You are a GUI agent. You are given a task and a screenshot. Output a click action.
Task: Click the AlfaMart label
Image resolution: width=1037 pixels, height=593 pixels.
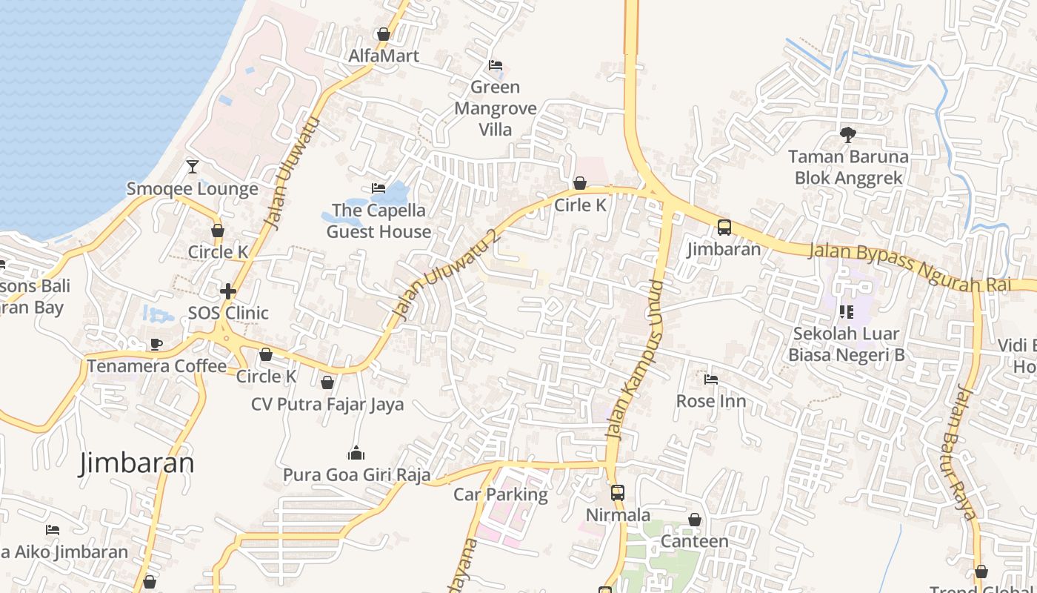[384, 56]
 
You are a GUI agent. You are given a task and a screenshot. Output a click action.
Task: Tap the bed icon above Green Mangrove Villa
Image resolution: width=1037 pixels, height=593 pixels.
[496, 65]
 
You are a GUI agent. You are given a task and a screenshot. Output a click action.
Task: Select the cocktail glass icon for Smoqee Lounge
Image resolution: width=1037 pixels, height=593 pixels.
[193, 166]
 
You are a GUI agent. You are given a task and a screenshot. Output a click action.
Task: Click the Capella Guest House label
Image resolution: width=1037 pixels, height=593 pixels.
[379, 221]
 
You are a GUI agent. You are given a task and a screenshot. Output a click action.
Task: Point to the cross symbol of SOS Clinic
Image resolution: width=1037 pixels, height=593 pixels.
[227, 291]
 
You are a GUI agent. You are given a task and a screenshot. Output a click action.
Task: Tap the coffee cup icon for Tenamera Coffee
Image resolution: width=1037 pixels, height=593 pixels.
[156, 344]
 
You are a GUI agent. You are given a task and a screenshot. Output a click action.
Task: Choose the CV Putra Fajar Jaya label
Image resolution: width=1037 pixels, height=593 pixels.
[327, 404]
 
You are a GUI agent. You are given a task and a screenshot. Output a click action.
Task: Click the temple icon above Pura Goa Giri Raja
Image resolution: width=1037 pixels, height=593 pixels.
[356, 453]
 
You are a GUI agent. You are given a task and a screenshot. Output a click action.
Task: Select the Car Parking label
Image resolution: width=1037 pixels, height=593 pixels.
[501, 494]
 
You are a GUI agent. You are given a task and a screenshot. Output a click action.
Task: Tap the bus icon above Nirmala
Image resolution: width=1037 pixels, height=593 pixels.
[617, 492]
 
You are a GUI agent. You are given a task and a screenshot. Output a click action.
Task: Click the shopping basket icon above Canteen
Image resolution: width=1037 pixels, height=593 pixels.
[695, 520]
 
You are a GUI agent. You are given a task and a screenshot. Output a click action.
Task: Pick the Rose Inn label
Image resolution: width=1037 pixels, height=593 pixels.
[711, 401]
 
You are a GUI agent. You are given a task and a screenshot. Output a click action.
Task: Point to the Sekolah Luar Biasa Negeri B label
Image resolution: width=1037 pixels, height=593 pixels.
[846, 344]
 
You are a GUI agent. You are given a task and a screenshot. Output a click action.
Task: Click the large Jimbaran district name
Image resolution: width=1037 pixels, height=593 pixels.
[137, 463]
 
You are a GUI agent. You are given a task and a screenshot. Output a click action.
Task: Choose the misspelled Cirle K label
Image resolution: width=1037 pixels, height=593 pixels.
[580, 205]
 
